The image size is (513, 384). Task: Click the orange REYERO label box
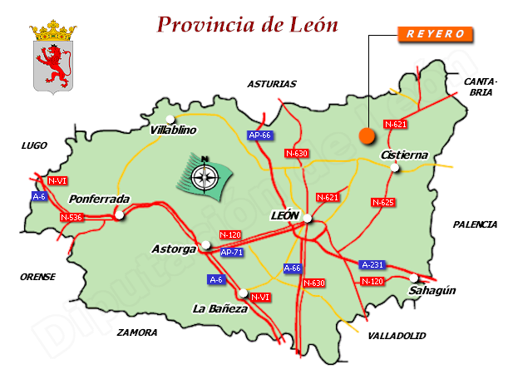click(x=437, y=35)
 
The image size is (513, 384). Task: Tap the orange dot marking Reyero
click(x=366, y=135)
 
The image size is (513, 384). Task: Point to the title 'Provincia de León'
click(x=248, y=24)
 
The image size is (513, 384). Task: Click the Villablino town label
click(x=173, y=130)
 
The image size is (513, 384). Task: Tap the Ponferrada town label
click(x=99, y=199)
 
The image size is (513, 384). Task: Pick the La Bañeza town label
click(x=220, y=308)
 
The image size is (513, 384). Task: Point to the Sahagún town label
click(x=432, y=290)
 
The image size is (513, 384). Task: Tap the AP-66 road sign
click(x=259, y=135)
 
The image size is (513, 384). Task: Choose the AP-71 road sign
click(x=231, y=252)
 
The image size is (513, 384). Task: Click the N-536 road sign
click(x=72, y=217)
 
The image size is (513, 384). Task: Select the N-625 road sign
click(x=382, y=202)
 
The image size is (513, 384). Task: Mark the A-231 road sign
click(x=372, y=264)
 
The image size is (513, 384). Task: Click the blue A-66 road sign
click(x=293, y=268)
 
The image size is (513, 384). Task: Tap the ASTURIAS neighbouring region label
click(x=271, y=84)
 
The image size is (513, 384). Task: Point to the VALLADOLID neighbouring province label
click(x=396, y=335)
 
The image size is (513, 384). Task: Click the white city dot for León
click(x=308, y=218)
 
